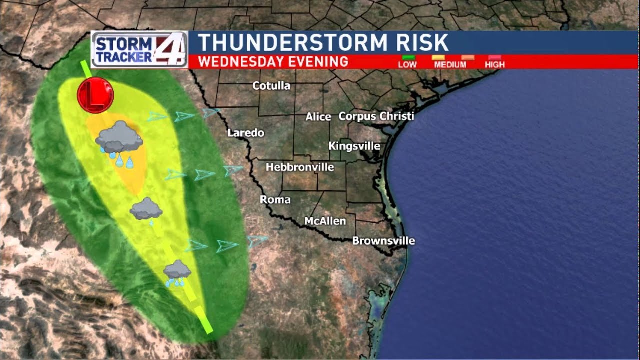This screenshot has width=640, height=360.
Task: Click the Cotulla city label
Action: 271,86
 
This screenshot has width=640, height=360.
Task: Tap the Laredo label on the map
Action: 246,133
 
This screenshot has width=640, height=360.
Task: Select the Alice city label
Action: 318,117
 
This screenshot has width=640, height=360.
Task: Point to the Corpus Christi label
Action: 376,116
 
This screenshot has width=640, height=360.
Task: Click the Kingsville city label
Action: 354,146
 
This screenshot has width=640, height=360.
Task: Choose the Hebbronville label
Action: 300,167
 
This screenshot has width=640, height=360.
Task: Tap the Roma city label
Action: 275,200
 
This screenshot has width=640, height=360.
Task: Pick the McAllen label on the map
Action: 325,221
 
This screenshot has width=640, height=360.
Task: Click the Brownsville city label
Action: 383,241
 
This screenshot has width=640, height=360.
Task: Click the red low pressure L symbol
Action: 95,95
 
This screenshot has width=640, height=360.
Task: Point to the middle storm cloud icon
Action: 146,209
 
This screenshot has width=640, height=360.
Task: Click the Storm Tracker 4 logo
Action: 139,49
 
